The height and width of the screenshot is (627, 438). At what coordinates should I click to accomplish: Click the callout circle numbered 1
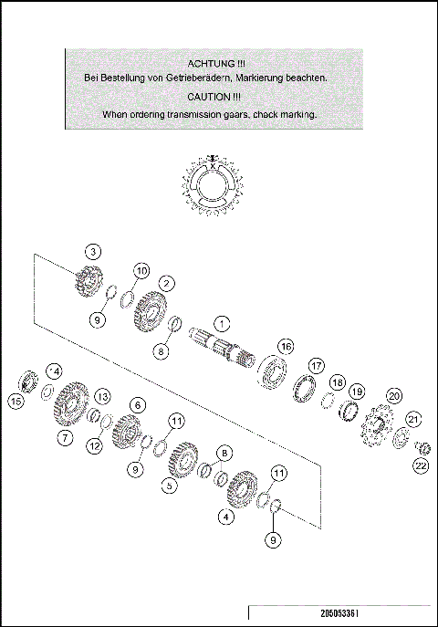point(223,323)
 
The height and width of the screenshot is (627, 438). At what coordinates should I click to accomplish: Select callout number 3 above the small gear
point(92,251)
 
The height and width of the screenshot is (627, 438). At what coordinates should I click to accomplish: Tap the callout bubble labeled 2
point(166,283)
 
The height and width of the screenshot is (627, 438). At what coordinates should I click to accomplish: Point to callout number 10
point(141,271)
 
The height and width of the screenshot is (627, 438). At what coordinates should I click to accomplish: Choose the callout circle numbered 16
point(286,347)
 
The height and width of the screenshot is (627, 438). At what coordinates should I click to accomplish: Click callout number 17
point(316,365)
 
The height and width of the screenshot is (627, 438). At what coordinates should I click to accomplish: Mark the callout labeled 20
point(394,396)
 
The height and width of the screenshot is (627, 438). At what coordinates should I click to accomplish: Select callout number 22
point(420,465)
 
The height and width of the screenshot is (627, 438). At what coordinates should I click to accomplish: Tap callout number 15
point(16,401)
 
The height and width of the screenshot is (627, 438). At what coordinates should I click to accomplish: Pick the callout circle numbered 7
point(65,438)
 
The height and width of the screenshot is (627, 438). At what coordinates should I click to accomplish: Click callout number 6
point(138,404)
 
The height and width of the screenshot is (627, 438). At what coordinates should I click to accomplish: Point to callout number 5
point(170,486)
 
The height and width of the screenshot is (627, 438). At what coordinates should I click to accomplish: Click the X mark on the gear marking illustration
point(212,167)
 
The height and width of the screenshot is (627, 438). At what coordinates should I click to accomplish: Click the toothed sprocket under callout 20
point(375,428)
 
